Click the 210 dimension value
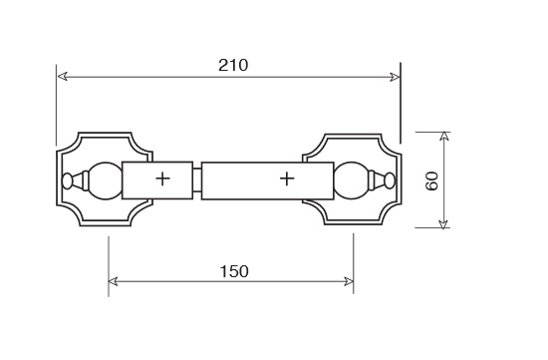(233, 65)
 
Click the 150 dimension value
(234, 271)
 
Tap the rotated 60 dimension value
(432, 180)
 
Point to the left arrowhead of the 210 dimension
(62, 76)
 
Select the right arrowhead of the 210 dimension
(395, 77)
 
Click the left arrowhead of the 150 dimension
(114, 281)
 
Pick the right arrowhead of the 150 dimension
(349, 281)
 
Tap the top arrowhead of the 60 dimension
(443, 137)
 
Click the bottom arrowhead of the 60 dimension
(443, 223)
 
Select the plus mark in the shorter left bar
(162, 180)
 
